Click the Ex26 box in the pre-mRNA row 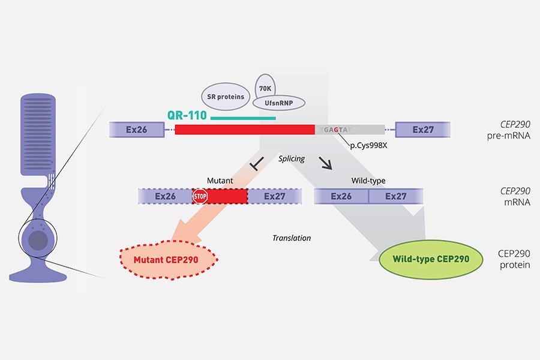click(137, 129)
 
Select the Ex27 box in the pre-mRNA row click(423, 129)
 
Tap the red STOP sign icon click(200, 196)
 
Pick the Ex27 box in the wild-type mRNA click(396, 196)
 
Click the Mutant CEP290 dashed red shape click(169, 259)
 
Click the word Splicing click(292, 159)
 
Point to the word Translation click(292, 238)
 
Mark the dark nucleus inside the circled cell click(38, 241)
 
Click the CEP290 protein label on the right click(514, 259)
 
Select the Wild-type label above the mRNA click(368, 180)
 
